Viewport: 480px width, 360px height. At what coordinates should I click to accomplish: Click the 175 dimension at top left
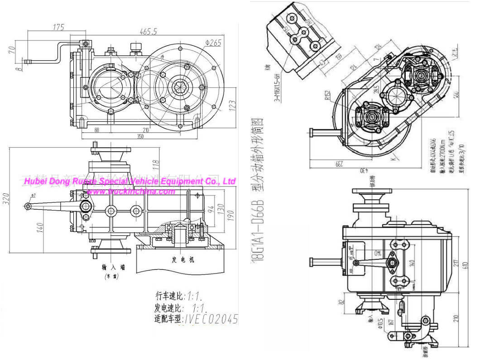[58, 27]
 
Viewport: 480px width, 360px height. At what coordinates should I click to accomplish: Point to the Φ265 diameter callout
[212, 43]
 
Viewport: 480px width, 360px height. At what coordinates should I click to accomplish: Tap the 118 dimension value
[155, 162]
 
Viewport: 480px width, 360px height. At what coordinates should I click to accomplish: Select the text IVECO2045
[211, 319]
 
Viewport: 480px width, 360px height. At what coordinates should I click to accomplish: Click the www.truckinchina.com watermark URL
[130, 192]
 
